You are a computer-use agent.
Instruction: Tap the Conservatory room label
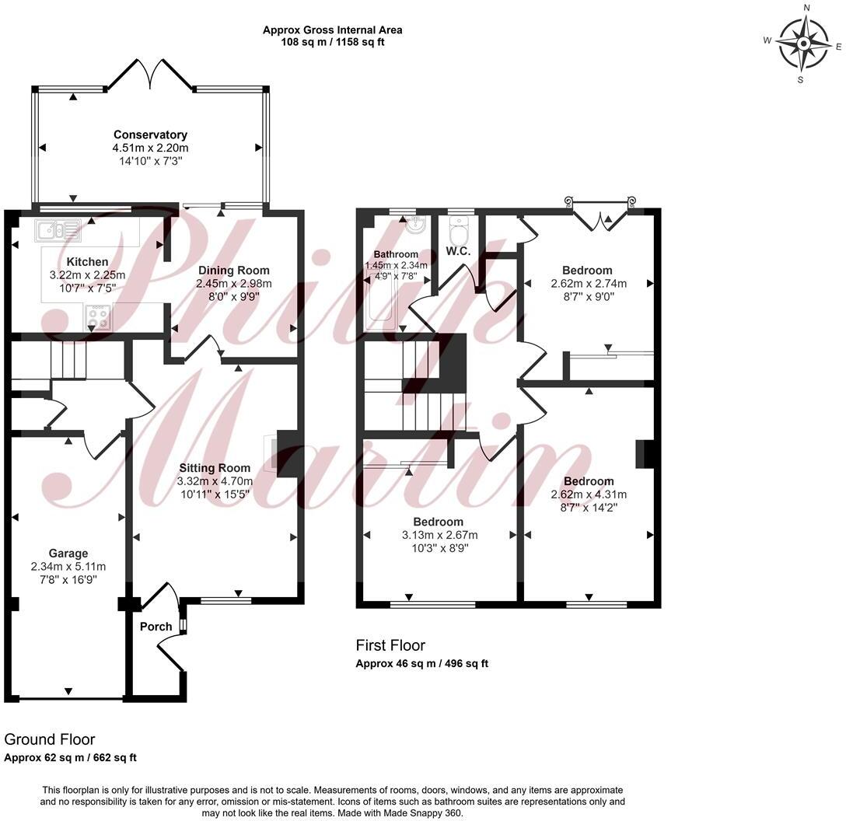[x=150, y=135]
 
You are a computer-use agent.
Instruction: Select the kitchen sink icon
[x=58, y=229]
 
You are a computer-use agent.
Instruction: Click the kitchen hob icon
[x=98, y=317]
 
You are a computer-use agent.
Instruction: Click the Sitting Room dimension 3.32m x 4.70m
[x=215, y=481]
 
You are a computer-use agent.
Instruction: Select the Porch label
[x=156, y=627]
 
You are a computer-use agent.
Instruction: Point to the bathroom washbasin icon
[x=414, y=225]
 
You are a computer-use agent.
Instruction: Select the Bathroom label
[x=396, y=254]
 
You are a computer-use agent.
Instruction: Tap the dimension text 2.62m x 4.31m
[x=589, y=494]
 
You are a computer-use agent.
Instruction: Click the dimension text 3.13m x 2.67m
[x=439, y=535]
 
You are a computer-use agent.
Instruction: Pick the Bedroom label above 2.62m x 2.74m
[x=588, y=271]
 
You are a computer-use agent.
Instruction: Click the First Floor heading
[x=390, y=645]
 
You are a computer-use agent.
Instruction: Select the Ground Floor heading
[x=50, y=739]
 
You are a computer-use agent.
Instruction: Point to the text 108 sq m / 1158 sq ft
[x=332, y=42]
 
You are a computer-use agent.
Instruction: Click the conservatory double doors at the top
[x=152, y=75]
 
